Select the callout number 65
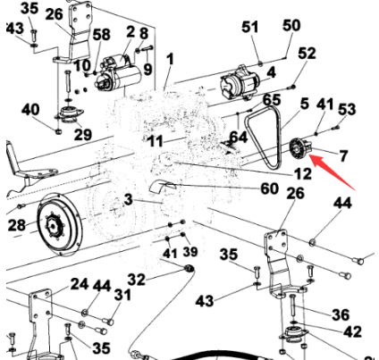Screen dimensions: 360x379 click(x=272, y=99)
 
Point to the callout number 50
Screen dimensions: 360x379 click(x=291, y=26)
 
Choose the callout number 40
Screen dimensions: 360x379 click(x=31, y=110)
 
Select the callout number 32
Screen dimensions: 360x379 click(x=136, y=278)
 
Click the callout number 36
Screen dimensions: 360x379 click(x=341, y=314)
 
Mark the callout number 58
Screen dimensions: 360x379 click(x=101, y=34)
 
